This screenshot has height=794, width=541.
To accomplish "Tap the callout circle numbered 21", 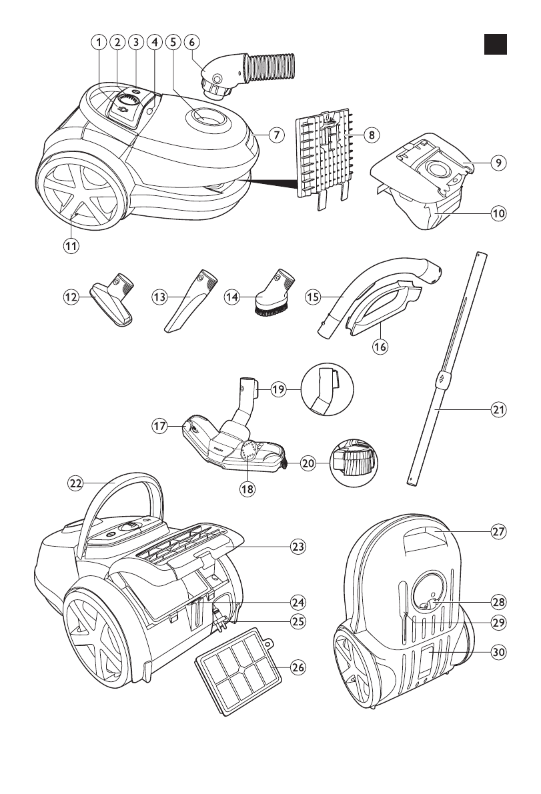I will tap(497, 410).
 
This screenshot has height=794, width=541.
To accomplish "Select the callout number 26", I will tap(298, 667).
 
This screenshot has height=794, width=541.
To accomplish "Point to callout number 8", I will tap(372, 134).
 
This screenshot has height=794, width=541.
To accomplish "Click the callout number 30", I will tap(497, 653).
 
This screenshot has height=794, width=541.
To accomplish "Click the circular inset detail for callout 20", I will tap(352, 461).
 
